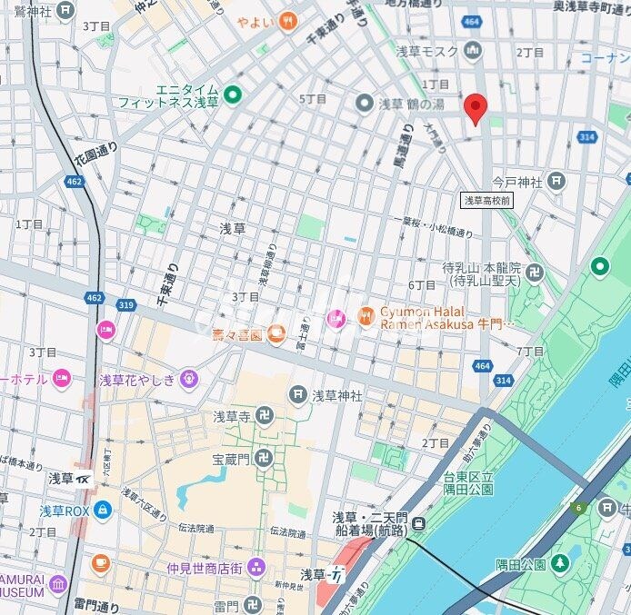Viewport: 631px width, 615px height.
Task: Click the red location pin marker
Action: tap(475, 107)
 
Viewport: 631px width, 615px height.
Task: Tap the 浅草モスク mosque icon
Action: tap(472, 51)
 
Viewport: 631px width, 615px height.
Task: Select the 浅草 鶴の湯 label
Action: tap(411, 104)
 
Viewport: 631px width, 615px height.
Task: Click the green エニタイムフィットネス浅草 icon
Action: tap(233, 94)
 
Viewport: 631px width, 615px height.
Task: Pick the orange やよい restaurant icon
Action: tap(287, 20)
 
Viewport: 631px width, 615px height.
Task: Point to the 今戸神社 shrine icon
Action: tap(556, 182)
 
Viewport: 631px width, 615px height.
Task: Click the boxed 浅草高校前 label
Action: tap(486, 200)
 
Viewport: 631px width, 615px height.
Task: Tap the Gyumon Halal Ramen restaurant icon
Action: tap(366, 316)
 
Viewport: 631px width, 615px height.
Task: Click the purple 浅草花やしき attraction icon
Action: tap(188, 378)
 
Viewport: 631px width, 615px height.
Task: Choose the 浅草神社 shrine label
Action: tap(336, 395)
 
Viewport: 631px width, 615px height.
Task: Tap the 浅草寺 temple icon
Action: tap(264, 417)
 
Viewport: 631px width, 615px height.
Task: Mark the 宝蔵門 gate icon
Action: tap(264, 457)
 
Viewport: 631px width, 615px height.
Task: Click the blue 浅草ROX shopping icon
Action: tap(102, 511)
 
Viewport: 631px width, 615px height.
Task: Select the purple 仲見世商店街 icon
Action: tap(256, 567)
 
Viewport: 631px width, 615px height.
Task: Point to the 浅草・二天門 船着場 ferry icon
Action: tap(418, 522)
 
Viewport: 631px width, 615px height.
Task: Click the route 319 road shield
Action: tap(125, 305)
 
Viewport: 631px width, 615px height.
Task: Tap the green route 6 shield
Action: tap(576, 507)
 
